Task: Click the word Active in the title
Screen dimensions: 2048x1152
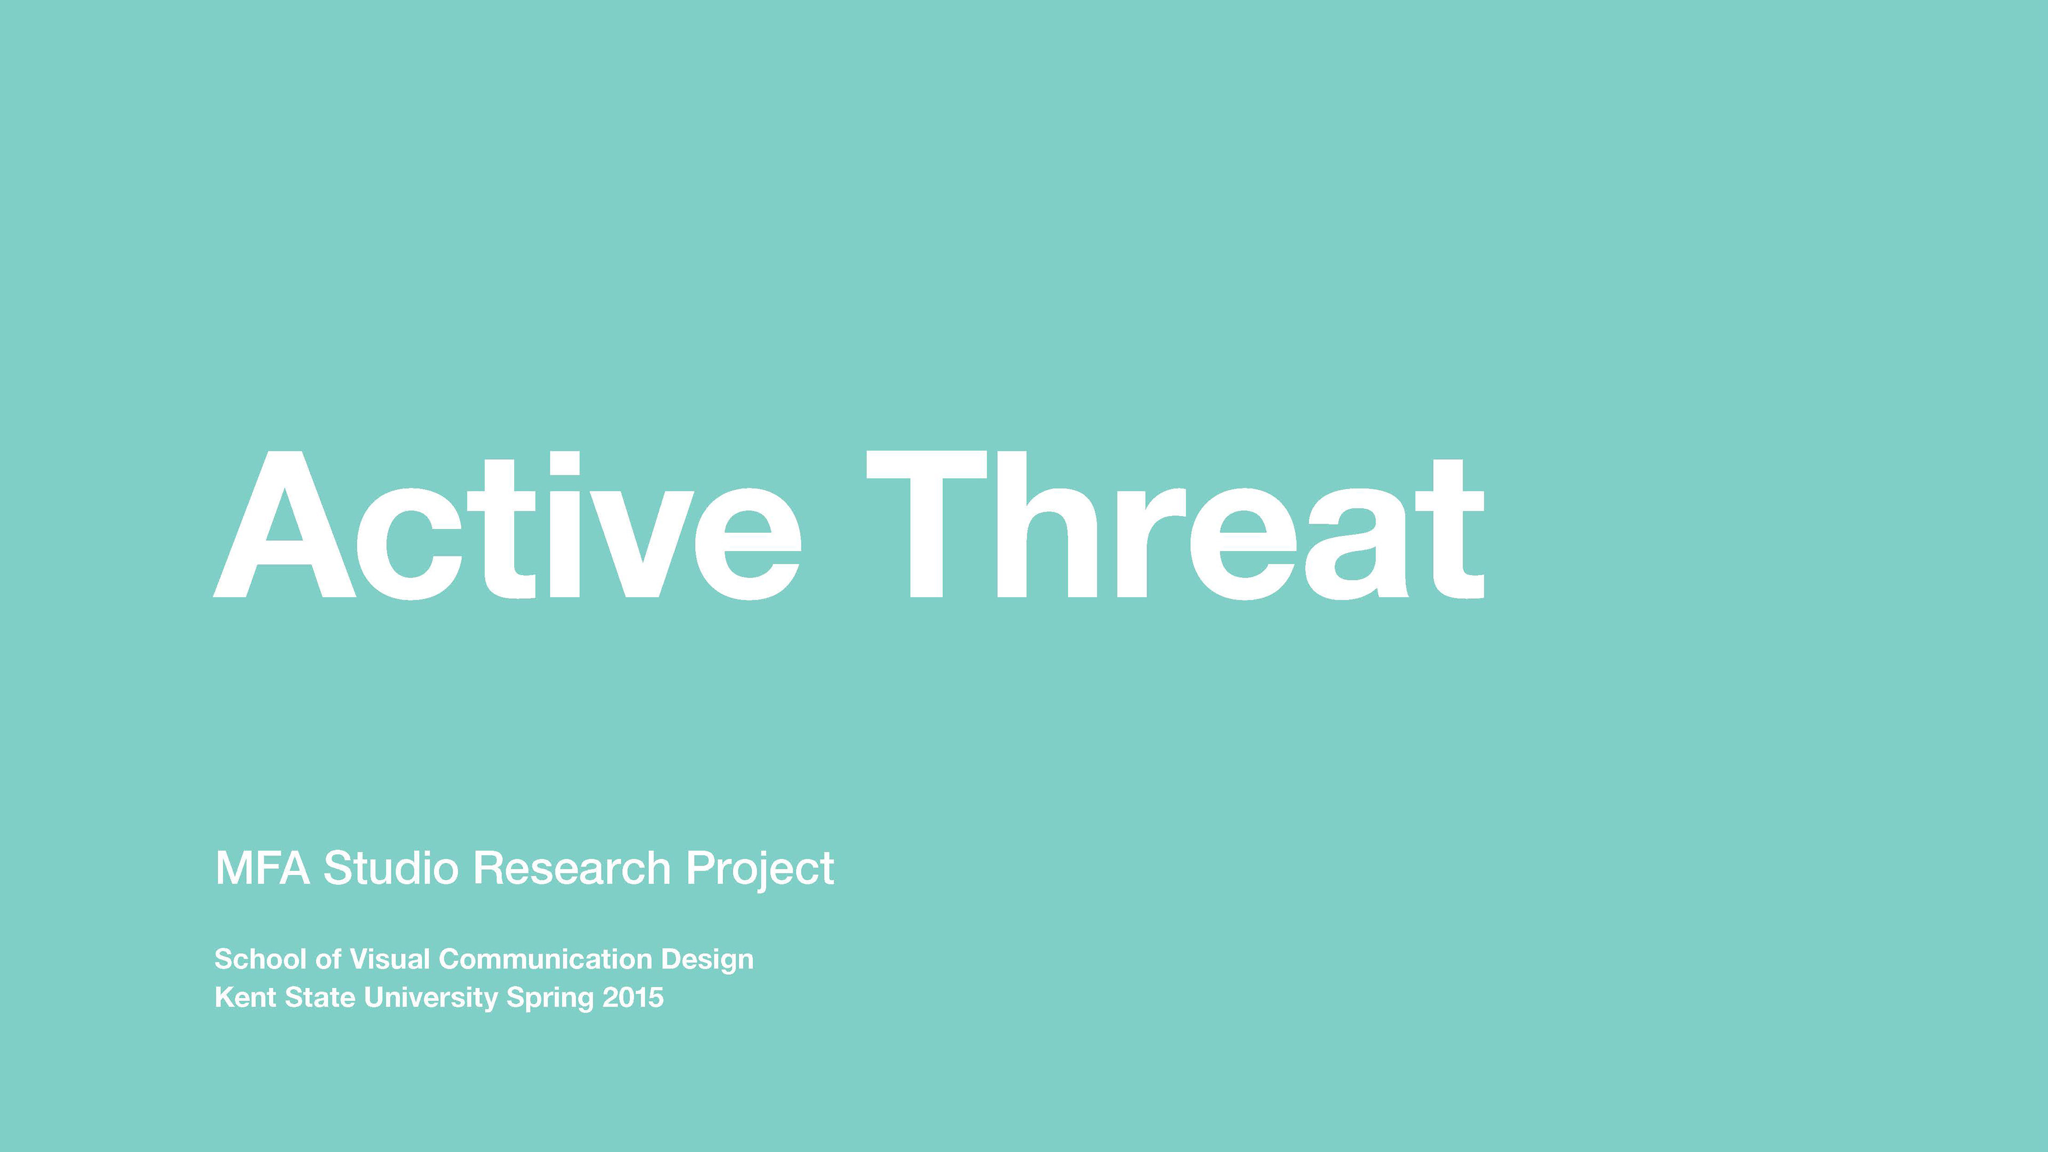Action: click(x=507, y=525)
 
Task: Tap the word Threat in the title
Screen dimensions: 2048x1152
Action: click(x=1175, y=525)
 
